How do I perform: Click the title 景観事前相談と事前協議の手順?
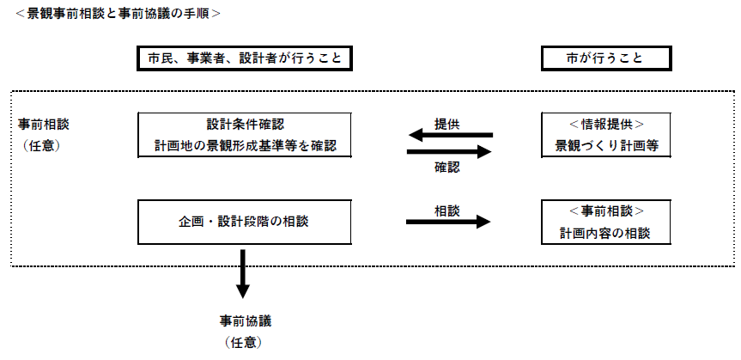pos(116,14)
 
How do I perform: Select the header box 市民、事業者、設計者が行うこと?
pos(246,58)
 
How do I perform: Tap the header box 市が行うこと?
pos(605,58)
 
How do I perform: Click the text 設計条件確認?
pos(246,125)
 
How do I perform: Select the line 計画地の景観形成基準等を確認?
pos(246,146)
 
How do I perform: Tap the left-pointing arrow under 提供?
pos(449,136)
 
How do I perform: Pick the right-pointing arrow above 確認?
pos(449,152)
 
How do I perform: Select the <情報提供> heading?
pos(605,125)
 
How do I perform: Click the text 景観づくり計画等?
pos(605,146)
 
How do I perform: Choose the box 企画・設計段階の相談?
pos(246,221)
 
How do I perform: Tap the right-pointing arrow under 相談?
pos(448,222)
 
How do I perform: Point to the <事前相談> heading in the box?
pos(605,211)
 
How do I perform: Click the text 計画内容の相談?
pos(605,232)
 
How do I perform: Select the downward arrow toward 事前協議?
pos(244,273)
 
